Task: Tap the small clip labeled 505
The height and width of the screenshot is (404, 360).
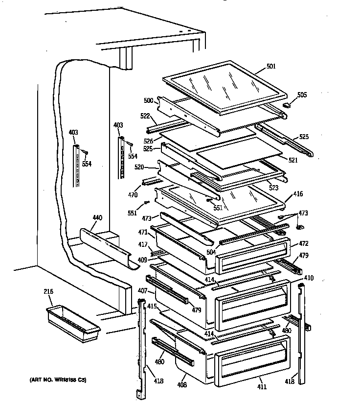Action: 288,104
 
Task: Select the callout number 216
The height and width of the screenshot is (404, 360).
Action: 48,292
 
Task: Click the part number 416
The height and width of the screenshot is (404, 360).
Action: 298,194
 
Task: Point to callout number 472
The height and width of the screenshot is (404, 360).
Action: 303,243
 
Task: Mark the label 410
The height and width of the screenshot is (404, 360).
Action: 309,278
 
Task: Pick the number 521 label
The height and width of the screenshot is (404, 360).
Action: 292,161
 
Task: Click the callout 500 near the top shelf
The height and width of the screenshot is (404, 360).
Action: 149,100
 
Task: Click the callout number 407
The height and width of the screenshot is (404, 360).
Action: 142,291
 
